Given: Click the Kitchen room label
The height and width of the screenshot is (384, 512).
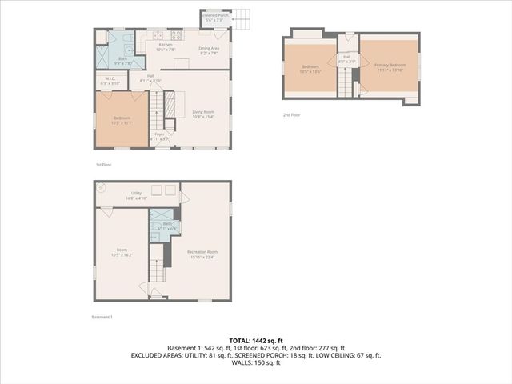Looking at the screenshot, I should click(165, 46).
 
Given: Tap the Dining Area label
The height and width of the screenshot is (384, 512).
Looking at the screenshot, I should click(210, 50).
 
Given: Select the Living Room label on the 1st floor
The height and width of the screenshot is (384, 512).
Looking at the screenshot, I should click(202, 114).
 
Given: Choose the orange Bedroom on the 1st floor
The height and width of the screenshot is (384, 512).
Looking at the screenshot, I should click(122, 120).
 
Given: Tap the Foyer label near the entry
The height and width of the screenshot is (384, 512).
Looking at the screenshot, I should click(159, 136).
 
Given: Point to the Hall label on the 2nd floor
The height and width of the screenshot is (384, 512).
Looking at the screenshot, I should click(347, 58).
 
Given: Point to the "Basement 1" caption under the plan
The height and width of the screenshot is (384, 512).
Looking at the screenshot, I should click(102, 317).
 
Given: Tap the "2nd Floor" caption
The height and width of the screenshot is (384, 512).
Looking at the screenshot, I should click(292, 114).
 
